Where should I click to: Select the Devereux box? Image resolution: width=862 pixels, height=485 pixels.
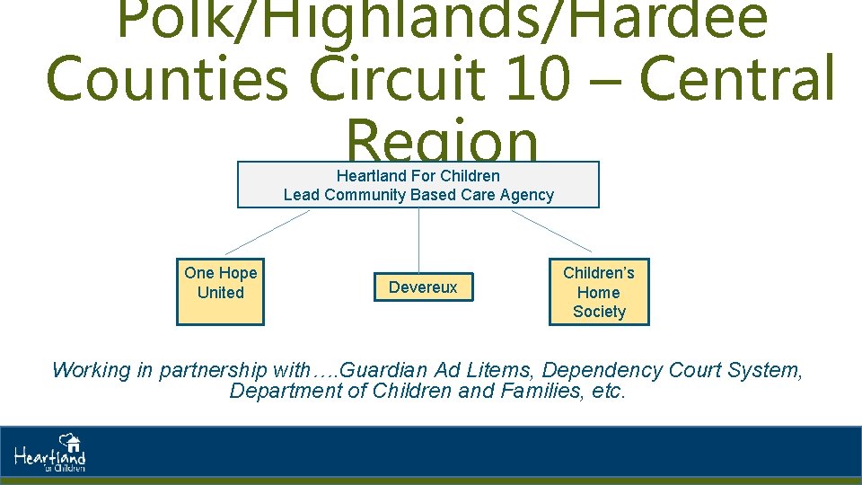tap(423, 287)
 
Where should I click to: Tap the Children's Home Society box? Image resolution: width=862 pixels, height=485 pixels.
tap(599, 292)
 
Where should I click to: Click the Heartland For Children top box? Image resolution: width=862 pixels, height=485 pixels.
tap(418, 185)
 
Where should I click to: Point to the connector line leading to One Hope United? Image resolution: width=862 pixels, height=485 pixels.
tap(267, 232)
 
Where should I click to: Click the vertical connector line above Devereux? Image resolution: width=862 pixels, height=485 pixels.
tap(418, 239)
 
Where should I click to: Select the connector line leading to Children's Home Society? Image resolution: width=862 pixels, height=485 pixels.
tap(551, 231)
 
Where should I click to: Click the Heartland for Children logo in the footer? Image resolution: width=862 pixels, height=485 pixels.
tap(50, 454)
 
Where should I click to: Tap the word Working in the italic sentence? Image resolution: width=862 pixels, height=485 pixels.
tap(88, 370)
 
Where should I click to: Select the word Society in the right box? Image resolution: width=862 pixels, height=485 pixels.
tap(599, 312)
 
